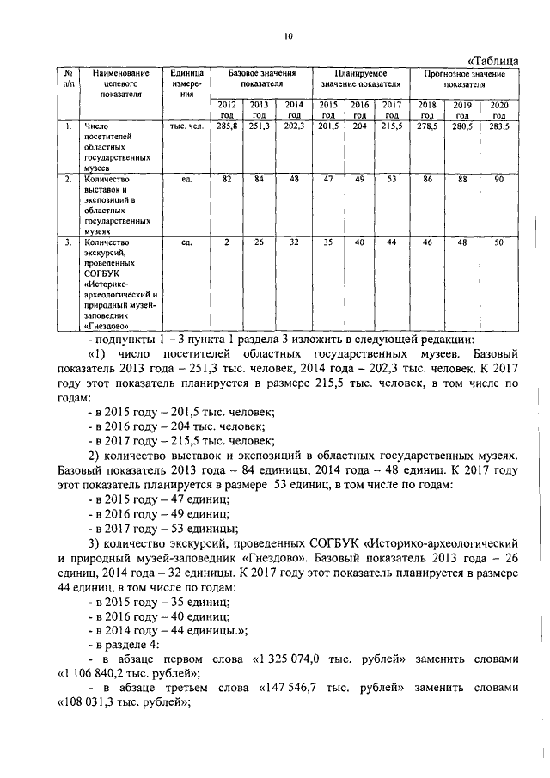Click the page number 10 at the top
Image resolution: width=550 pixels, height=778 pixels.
(x=289, y=35)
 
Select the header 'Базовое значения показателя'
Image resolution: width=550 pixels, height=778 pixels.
(x=256, y=79)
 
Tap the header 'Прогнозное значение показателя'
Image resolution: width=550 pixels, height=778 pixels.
(x=463, y=79)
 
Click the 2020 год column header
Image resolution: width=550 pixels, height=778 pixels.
(x=499, y=109)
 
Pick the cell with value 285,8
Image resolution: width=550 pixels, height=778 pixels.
(x=227, y=126)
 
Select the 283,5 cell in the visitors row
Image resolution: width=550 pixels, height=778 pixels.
(x=499, y=126)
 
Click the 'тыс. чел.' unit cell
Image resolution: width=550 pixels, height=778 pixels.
(x=186, y=126)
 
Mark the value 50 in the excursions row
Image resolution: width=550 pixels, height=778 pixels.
(x=499, y=243)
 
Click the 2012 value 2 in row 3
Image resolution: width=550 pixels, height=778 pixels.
(x=227, y=243)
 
